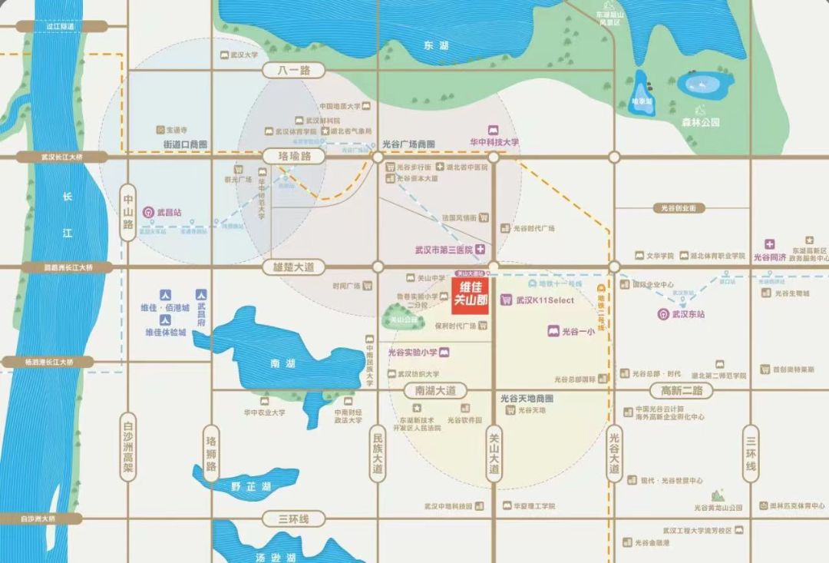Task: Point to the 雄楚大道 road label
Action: coord(294,267)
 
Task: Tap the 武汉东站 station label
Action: coord(688,313)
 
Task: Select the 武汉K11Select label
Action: coord(544,300)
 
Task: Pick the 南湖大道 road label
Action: coord(435,390)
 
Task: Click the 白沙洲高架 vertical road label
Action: coord(128,450)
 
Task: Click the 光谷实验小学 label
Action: coord(412,352)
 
